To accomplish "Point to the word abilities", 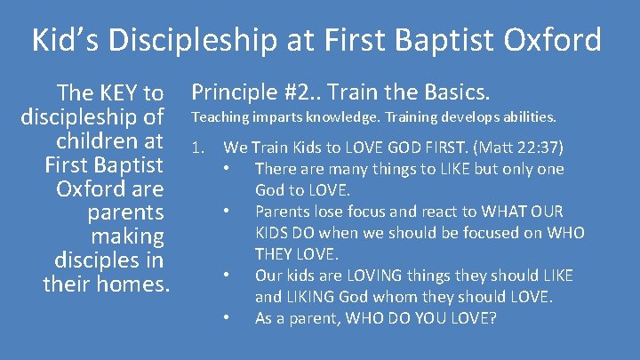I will pos(528,117).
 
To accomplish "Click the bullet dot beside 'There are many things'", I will pos(228,169).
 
